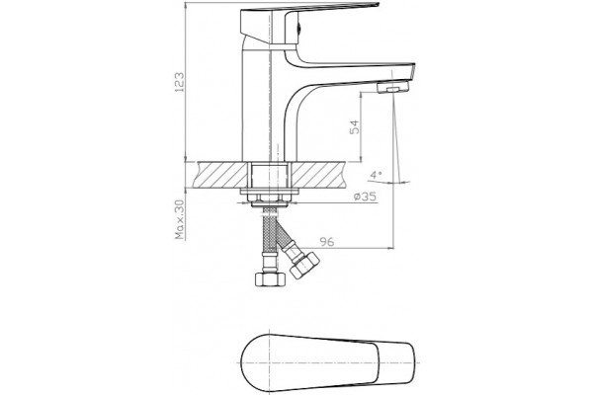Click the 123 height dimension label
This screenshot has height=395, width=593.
pos(179,82)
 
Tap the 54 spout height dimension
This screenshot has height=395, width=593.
pos(355,127)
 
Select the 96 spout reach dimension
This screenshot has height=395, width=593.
pos(327,242)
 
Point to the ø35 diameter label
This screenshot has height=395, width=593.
pos(365,197)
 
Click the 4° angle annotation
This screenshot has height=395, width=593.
pos(376,175)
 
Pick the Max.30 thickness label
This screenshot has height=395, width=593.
pos(180,219)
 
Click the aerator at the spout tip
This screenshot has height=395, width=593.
pos(393,87)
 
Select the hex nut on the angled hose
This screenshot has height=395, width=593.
pos(304,265)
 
